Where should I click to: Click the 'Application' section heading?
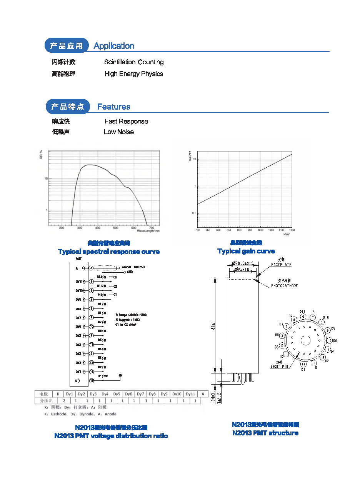(x=114, y=46)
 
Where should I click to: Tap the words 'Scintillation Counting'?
(x=134, y=62)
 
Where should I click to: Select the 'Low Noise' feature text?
(x=119, y=132)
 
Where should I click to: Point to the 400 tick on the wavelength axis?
(x=98, y=228)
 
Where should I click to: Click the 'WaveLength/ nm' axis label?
(x=148, y=231)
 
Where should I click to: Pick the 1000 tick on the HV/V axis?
(x=260, y=230)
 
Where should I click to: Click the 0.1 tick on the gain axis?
(x=194, y=213)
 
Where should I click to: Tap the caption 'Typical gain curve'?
(x=246, y=251)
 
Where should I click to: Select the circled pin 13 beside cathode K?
(x=92, y=381)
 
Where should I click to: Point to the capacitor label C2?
(x=115, y=287)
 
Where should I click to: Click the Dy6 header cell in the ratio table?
(x=128, y=394)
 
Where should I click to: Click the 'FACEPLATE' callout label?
(x=281, y=265)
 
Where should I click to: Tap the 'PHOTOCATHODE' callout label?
(x=284, y=286)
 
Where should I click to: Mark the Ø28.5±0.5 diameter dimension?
(x=242, y=263)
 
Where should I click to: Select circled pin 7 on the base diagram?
(x=313, y=317)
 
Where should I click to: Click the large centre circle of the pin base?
(x=305, y=340)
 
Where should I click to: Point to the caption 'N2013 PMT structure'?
(x=265, y=433)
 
